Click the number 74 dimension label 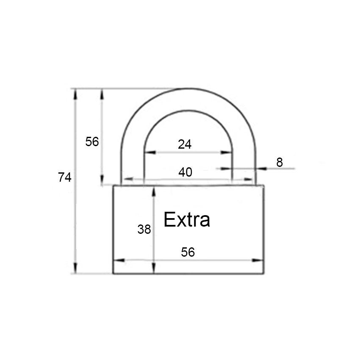coord(64,177)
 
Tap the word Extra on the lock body coord(187,219)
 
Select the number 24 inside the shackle coord(185,144)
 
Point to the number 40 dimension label coord(185,172)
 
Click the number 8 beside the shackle coord(280,162)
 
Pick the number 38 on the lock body coord(144,229)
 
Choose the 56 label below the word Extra coord(188,252)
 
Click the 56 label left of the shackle coord(92,141)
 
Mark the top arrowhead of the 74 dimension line coord(75,94)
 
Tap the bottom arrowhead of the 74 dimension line coord(75,268)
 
